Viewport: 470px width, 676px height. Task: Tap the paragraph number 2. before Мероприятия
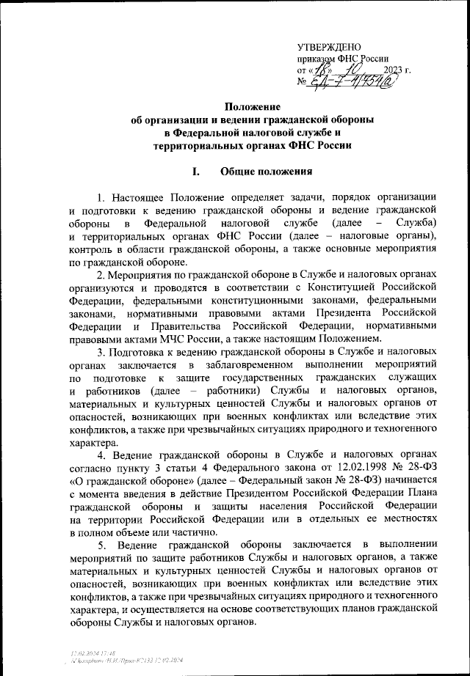101,276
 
